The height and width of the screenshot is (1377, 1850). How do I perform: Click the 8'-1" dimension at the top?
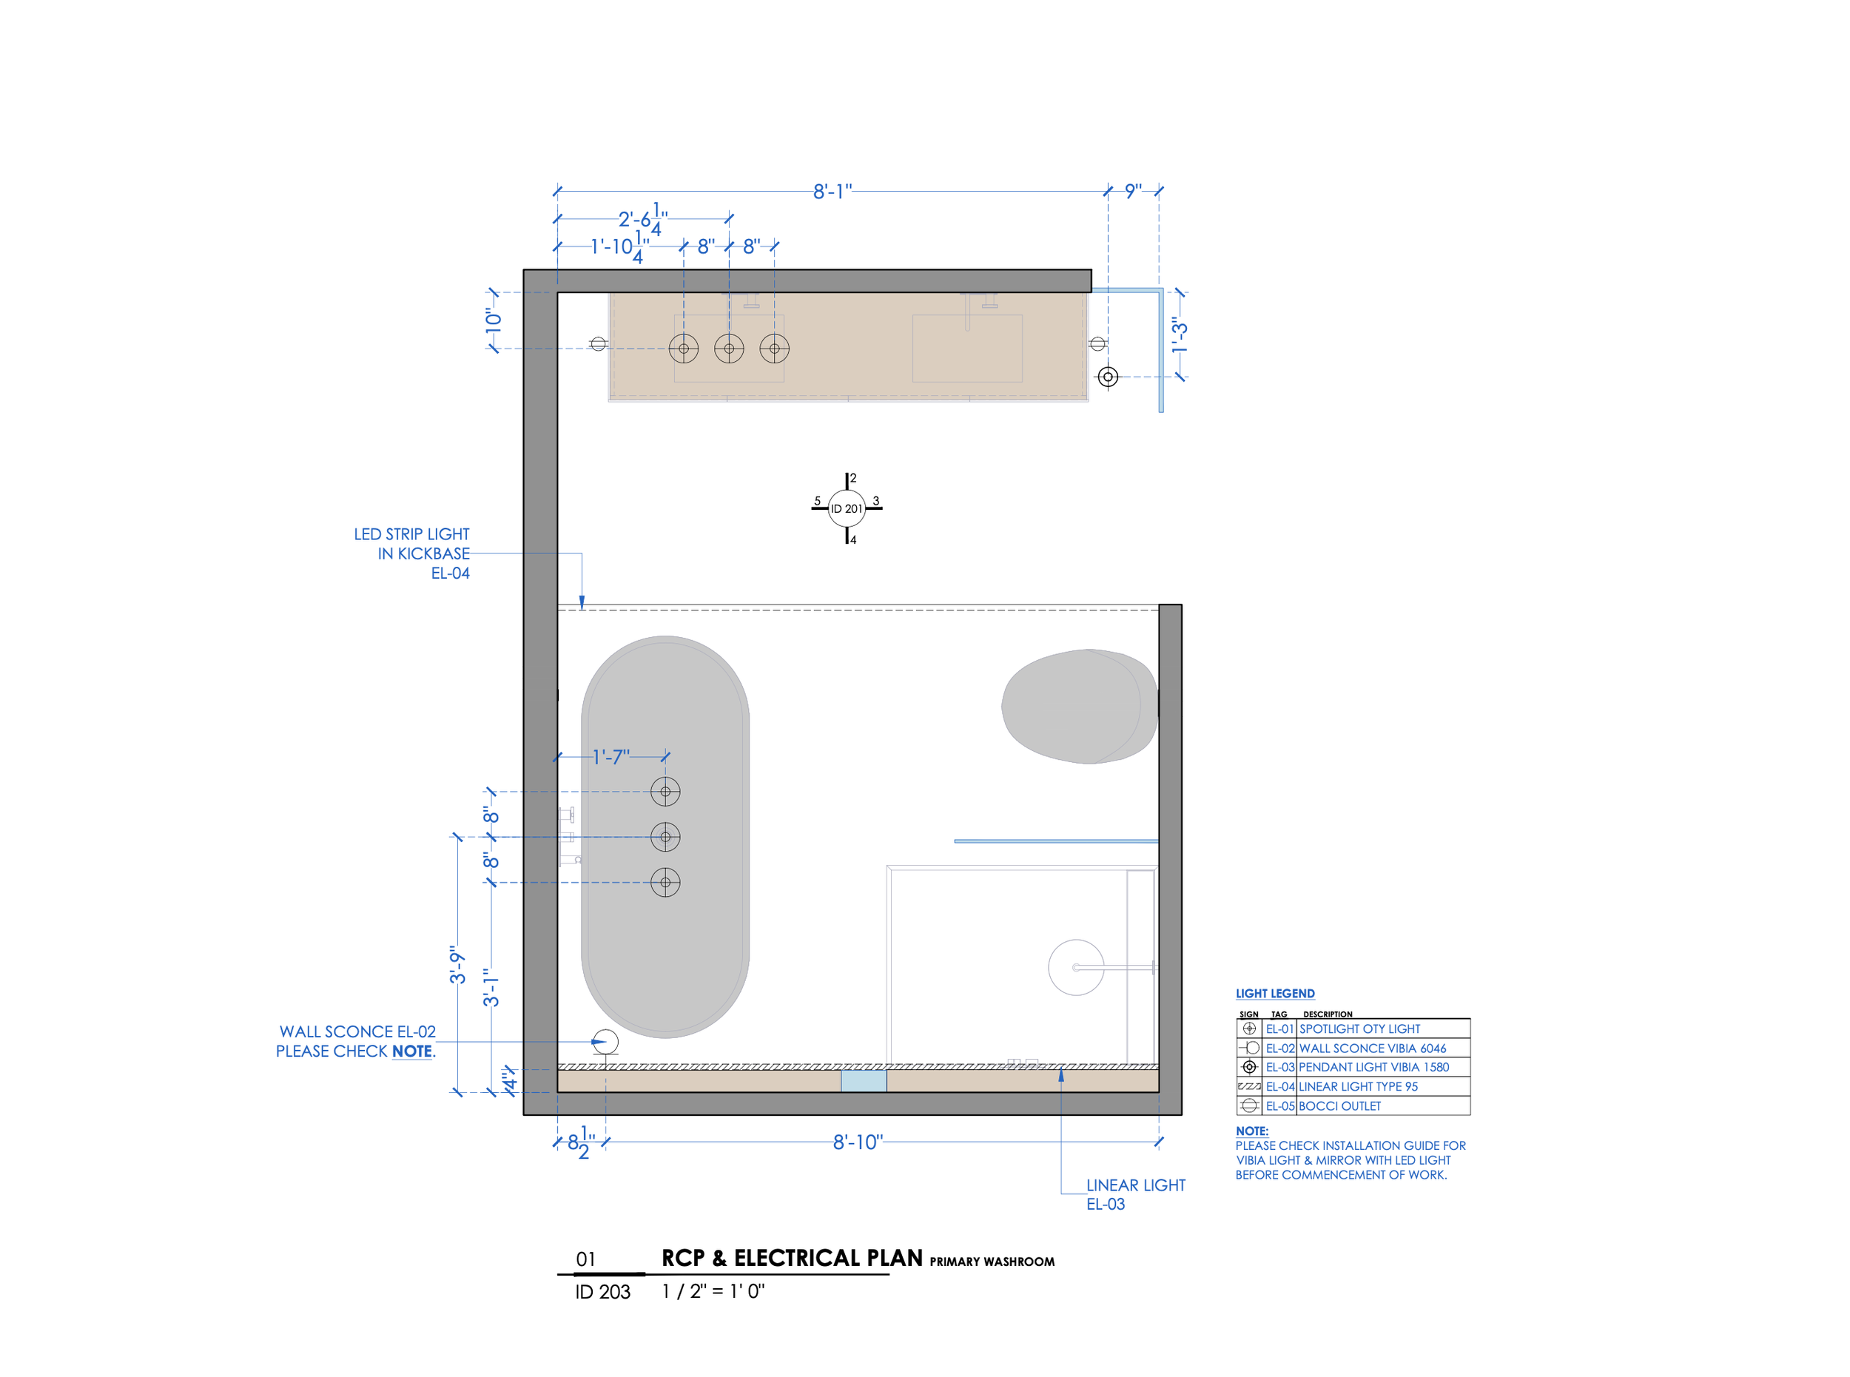832,192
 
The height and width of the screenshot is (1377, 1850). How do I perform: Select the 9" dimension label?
1133,191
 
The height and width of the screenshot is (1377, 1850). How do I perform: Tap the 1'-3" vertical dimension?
1179,335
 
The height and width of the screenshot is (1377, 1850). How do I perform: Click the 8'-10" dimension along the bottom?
858,1142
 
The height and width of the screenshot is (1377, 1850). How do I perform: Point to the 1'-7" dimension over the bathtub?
611,757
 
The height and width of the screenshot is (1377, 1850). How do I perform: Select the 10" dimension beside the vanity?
494,320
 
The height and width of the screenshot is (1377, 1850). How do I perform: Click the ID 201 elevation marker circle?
847,508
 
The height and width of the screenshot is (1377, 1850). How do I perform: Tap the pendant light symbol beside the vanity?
1108,377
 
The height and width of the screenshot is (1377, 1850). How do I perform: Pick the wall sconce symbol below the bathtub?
605,1042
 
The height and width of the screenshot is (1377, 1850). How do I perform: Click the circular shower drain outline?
1076,968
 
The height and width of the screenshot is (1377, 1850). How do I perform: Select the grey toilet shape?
1080,707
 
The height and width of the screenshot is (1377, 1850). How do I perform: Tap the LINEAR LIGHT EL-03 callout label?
1135,1194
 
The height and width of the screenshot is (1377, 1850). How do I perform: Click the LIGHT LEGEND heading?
1275,994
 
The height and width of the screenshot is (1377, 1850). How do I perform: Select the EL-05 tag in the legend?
1279,1106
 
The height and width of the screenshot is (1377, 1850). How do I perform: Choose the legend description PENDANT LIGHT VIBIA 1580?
1373,1067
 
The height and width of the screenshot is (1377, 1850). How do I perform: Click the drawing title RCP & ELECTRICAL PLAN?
792,1258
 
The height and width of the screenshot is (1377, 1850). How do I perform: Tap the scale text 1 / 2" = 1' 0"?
713,1291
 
